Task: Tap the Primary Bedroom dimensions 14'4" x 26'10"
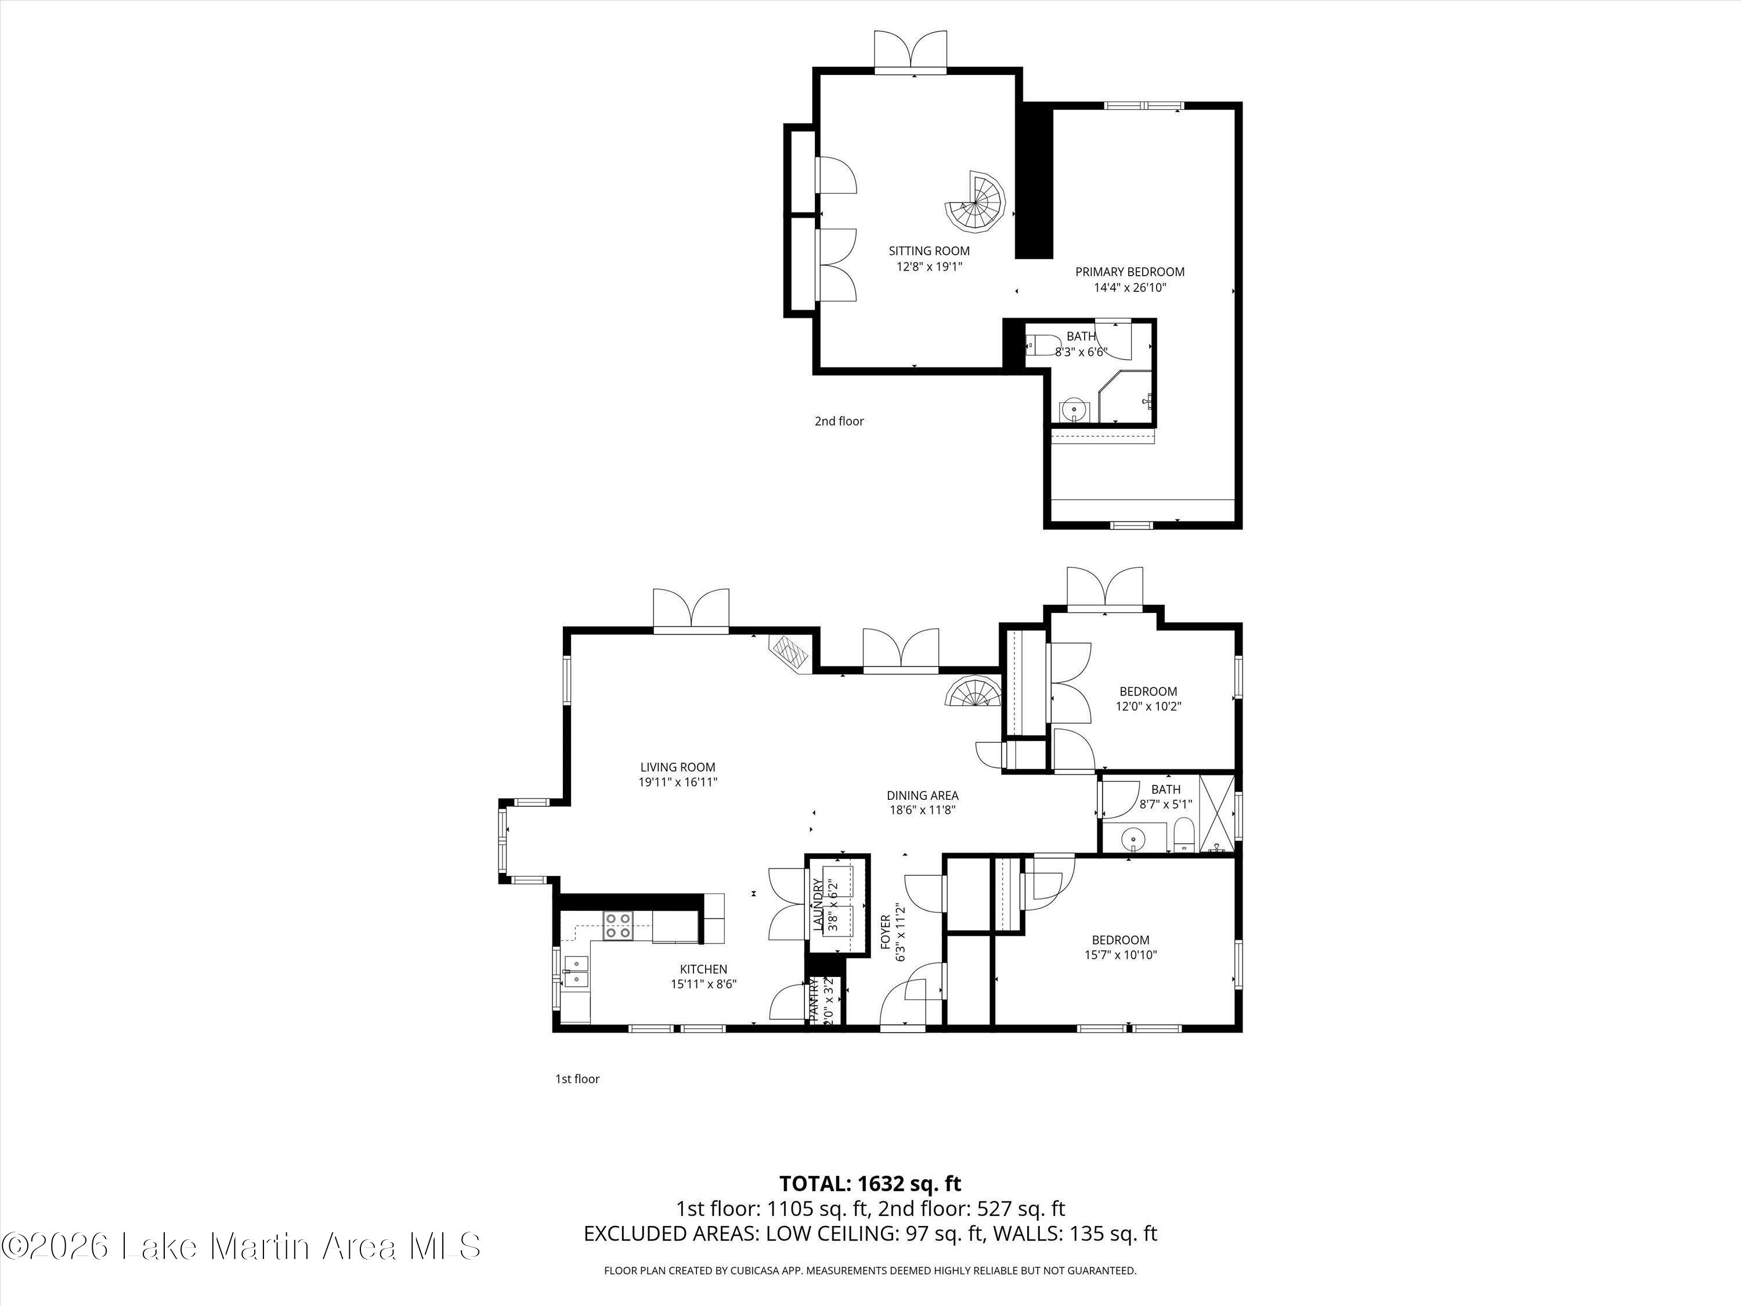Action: (1129, 287)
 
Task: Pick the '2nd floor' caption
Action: (839, 421)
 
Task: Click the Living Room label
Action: (678, 767)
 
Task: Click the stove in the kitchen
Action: (618, 926)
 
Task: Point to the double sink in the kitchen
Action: (577, 971)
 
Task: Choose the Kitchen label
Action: (703, 969)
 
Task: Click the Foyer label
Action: (884, 931)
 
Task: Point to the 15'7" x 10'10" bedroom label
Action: (1120, 948)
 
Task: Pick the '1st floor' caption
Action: (577, 1078)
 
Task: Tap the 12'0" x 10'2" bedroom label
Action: (1149, 699)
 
